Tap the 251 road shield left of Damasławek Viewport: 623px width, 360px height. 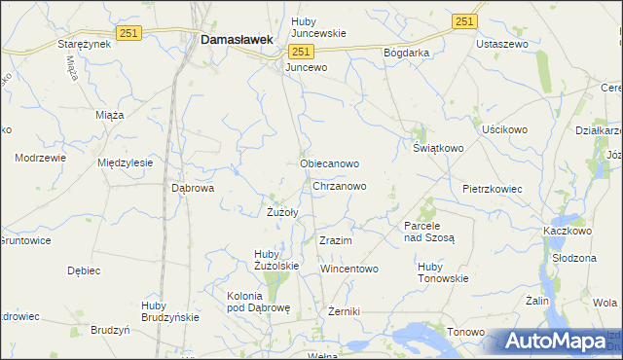tap(128, 33)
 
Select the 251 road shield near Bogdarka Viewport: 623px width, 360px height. tap(465, 21)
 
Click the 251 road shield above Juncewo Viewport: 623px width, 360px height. tap(301, 52)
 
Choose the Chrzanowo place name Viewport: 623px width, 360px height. tap(340, 185)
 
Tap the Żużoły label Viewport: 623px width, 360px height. tap(282, 211)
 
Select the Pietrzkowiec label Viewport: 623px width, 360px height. tap(493, 189)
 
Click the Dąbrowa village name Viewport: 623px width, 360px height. tap(192, 189)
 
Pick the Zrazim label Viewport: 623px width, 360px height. tap(335, 239)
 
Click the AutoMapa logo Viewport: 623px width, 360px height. tap(555, 341)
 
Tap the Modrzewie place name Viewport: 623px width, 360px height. tap(40, 157)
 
